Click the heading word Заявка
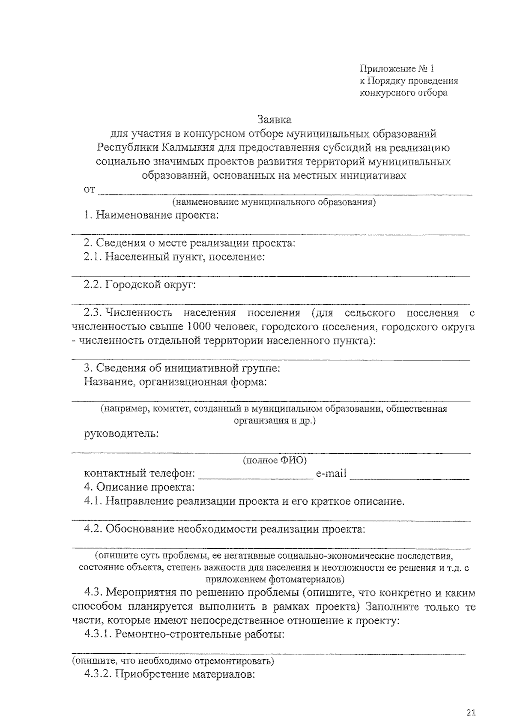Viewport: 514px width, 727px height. click(274, 119)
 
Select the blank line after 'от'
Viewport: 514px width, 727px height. click(285, 192)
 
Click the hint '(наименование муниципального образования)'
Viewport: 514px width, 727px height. click(273, 202)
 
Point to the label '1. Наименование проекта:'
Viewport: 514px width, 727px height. click(151, 215)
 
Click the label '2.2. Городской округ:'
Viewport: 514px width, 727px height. click(140, 284)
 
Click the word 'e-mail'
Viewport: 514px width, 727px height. click(331, 474)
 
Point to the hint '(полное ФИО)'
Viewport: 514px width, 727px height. click(275, 461)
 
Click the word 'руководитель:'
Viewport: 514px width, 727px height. click(121, 434)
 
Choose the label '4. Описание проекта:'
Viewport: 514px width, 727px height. click(139, 487)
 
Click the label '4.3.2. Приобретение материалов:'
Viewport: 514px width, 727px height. click(170, 674)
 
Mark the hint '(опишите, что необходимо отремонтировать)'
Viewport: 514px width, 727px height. click(173, 661)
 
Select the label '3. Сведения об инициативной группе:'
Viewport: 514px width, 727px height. click(182, 368)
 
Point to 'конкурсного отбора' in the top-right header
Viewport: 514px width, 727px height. click(403, 93)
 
